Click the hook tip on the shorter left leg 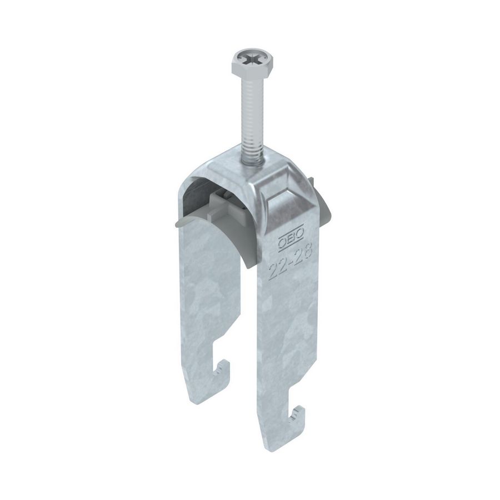(224, 367)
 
